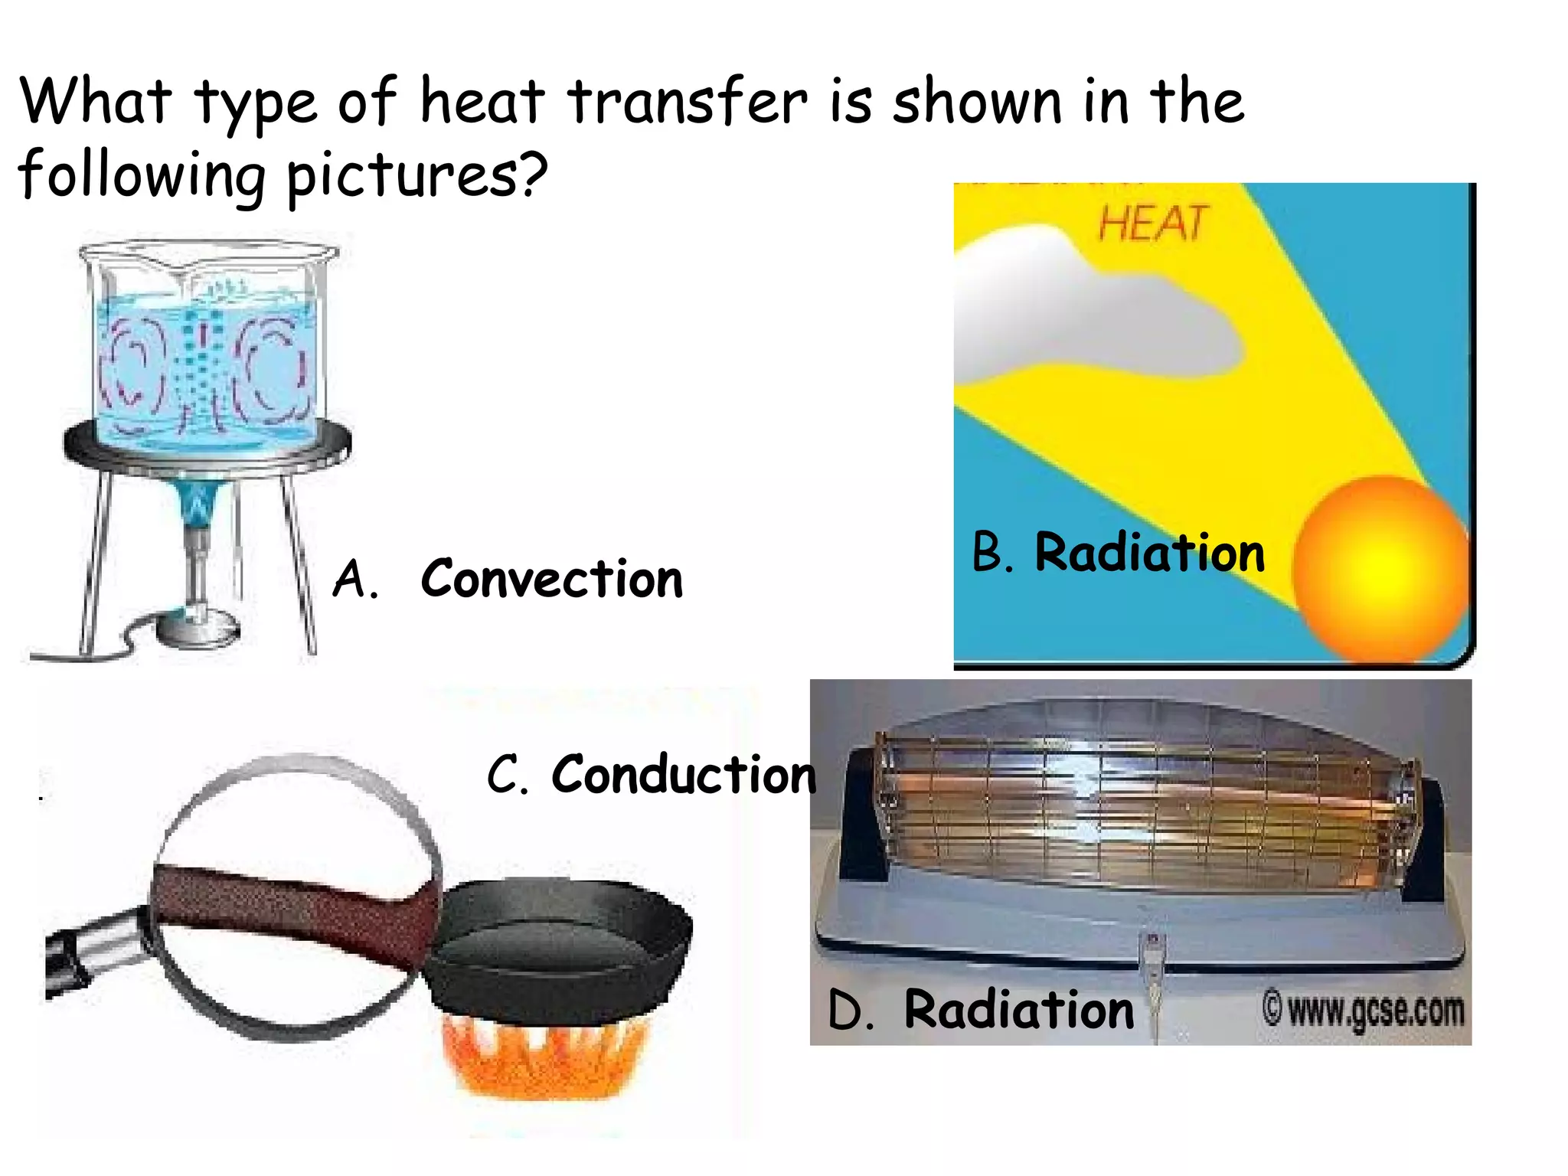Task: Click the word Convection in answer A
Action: click(x=551, y=579)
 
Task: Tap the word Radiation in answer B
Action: click(x=1149, y=553)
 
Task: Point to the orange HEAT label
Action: click(x=1153, y=224)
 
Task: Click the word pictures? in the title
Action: click(x=417, y=176)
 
